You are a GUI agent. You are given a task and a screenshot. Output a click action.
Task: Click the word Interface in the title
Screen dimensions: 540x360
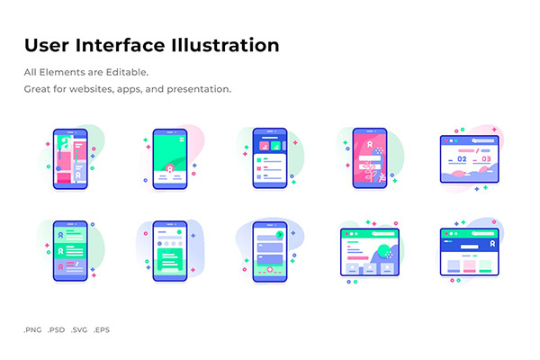pyautogui.click(x=120, y=45)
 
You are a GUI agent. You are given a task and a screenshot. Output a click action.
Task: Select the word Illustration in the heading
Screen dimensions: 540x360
pyautogui.click(x=225, y=45)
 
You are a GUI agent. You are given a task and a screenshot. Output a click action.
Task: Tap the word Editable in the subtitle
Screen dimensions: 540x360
pyautogui.click(x=127, y=72)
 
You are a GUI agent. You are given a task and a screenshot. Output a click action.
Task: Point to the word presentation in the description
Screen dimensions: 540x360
pyautogui.click(x=199, y=89)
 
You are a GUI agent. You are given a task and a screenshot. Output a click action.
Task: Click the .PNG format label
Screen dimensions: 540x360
pyautogui.click(x=32, y=329)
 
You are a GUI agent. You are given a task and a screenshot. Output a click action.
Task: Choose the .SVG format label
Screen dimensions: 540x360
pyautogui.click(x=79, y=329)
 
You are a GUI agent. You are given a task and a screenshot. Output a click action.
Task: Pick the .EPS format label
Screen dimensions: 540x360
pyautogui.click(x=102, y=329)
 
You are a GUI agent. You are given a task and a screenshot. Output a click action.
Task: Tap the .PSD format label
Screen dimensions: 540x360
pyautogui.click(x=56, y=329)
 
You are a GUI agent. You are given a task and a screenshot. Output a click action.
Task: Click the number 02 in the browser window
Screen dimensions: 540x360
pyautogui.click(x=462, y=159)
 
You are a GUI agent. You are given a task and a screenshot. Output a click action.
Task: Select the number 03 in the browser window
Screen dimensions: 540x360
pyautogui.click(x=486, y=159)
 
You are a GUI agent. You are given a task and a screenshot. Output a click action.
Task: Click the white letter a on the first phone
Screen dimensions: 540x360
pyautogui.click(x=65, y=142)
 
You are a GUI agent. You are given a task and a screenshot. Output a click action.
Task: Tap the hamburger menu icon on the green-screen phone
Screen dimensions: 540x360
pyautogui.click(x=182, y=139)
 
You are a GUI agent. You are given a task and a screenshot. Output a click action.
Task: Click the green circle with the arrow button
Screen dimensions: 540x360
pyautogui.click(x=280, y=235)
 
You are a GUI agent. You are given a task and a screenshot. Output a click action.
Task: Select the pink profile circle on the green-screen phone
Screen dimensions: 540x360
pyautogui.click(x=170, y=169)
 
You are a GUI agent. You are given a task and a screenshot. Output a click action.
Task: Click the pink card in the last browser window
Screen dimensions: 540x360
pyautogui.click(x=470, y=266)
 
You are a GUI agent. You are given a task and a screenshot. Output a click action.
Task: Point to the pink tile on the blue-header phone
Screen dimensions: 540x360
pyautogui.click(x=264, y=146)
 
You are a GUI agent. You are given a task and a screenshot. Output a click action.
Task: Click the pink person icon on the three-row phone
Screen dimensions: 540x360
pyautogui.click(x=60, y=267)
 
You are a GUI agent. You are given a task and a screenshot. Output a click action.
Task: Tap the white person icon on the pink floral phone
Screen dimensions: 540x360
pyautogui.click(x=370, y=144)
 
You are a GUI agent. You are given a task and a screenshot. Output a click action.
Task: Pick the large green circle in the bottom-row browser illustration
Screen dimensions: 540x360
pyautogui.click(x=384, y=251)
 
